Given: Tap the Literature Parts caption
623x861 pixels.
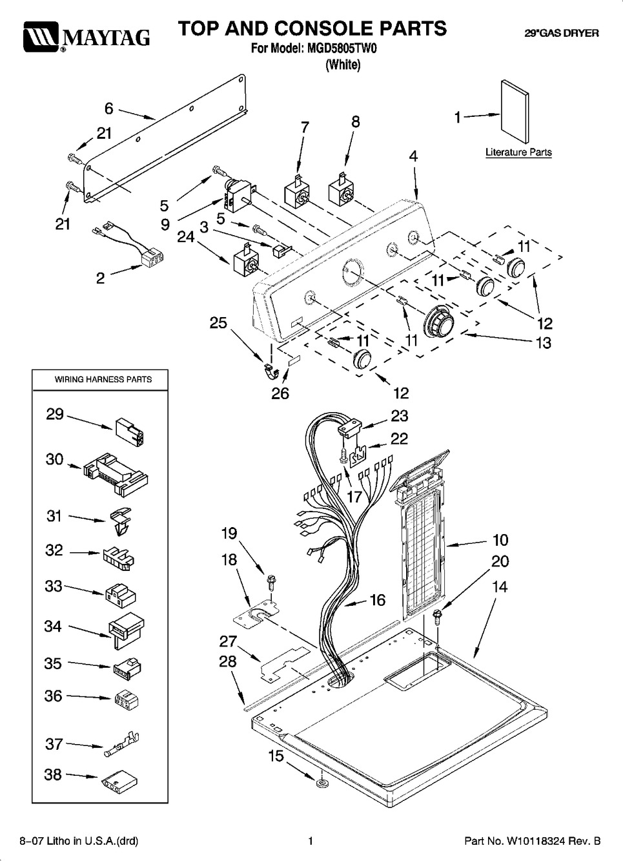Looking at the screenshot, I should click(x=518, y=152).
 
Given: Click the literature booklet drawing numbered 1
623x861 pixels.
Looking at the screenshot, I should click(x=515, y=110).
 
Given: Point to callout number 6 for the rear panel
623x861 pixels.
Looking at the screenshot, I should click(x=109, y=109).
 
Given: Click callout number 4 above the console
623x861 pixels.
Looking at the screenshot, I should click(x=413, y=156).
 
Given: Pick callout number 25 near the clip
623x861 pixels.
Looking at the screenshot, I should click(x=218, y=322).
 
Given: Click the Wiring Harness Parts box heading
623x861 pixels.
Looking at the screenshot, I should click(x=103, y=379).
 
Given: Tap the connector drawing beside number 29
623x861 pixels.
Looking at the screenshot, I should click(x=130, y=430).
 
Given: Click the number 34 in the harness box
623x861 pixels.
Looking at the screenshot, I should click(x=53, y=626).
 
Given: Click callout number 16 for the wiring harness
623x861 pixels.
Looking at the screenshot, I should click(x=377, y=600).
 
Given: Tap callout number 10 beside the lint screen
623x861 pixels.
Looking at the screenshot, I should click(x=500, y=540).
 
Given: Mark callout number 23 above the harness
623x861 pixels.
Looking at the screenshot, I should click(x=400, y=415).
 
